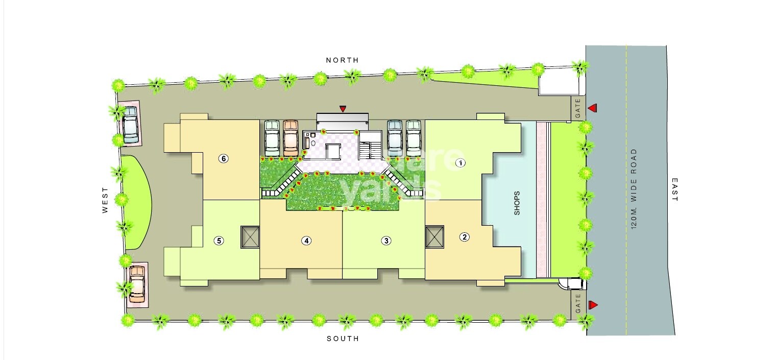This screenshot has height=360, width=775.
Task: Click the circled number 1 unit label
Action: point(460,163)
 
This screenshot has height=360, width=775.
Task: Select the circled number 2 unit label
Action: point(464,236)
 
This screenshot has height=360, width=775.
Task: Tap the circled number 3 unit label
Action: point(386,241)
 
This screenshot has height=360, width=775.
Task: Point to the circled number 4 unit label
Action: point(306,241)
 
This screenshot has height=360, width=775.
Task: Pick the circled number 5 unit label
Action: point(219,241)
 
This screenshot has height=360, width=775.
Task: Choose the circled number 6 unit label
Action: point(223,158)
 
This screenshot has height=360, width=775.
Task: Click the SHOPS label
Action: point(517,203)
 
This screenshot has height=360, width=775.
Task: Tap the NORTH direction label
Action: point(342,60)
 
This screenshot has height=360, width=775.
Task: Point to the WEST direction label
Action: point(105,200)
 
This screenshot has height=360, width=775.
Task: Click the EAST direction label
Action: point(674,190)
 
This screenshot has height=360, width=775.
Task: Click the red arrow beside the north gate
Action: point(592,108)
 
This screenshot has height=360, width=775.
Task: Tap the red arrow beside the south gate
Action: point(592,305)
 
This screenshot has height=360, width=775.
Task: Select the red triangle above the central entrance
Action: point(343,108)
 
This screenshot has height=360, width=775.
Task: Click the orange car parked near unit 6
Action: point(290,137)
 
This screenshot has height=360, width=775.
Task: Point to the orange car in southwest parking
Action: point(137,284)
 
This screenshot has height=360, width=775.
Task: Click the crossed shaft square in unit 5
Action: point(250,237)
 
